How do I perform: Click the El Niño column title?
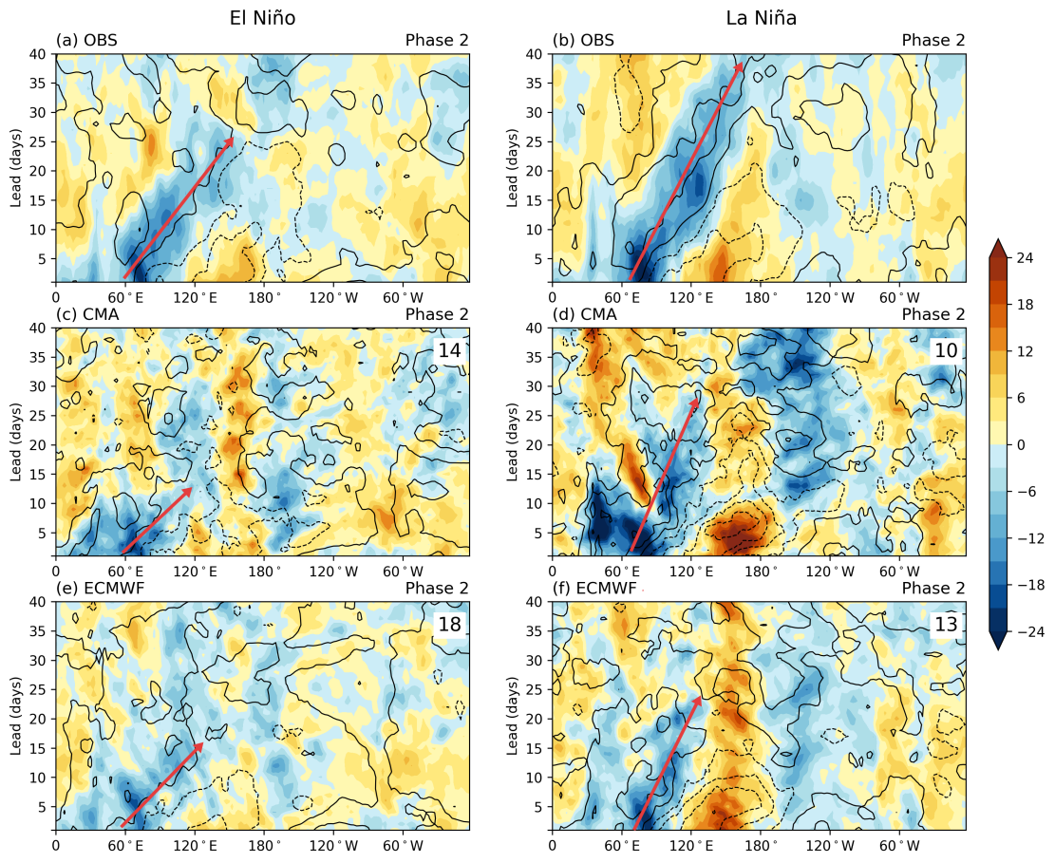click(x=262, y=17)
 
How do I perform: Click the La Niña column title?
click(x=759, y=17)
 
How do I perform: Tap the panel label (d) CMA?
click(x=584, y=313)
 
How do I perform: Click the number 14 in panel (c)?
click(x=448, y=350)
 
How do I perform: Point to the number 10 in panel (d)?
click(x=945, y=350)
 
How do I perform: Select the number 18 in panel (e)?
click(x=448, y=624)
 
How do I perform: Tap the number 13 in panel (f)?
click(x=945, y=624)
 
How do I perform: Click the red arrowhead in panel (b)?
click(x=740, y=66)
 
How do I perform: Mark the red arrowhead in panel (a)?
click(x=230, y=142)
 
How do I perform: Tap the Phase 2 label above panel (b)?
click(x=933, y=40)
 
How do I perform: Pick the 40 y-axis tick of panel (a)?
click(x=41, y=54)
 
